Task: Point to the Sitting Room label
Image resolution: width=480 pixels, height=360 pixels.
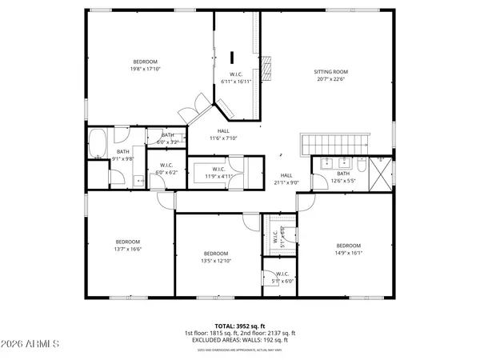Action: [x=330, y=71]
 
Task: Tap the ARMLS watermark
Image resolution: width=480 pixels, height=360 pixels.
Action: [x=32, y=345]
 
